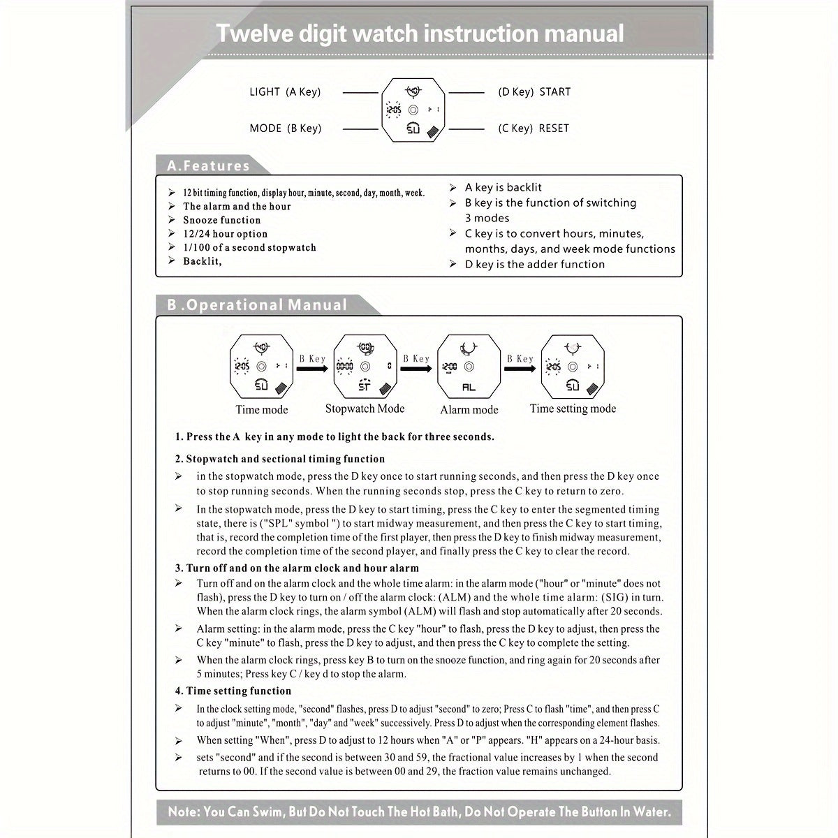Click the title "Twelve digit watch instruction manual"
click(419, 34)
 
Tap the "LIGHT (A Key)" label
click(285, 91)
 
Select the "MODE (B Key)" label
click(285, 128)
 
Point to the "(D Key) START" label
click(534, 91)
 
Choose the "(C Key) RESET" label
click(534, 128)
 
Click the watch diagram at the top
click(413, 110)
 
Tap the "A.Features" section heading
click(208, 166)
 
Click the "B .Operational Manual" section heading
click(257, 305)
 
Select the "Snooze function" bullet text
click(221, 220)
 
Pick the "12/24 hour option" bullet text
click(225, 234)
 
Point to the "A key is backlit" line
click(503, 187)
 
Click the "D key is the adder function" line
click(535, 264)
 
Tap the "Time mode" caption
click(261, 410)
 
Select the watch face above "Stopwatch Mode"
click(365, 366)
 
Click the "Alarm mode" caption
click(469, 410)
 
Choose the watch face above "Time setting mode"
click(573, 366)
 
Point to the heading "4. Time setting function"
click(233, 691)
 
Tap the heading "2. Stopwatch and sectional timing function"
click(280, 459)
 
